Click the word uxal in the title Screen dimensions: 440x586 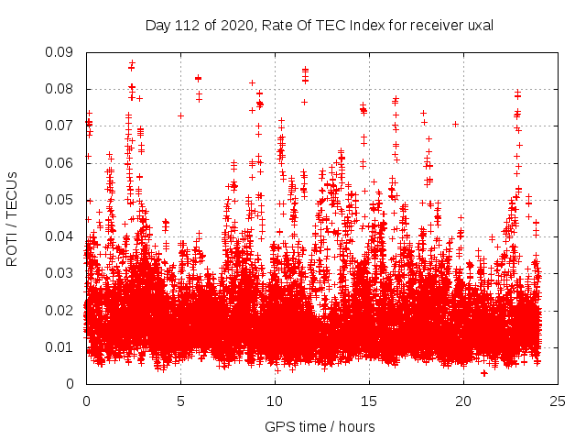click(480, 26)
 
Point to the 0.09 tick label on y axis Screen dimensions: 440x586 click(62, 52)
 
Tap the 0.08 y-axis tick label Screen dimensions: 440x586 click(62, 89)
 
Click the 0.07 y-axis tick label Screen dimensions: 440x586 click(62, 126)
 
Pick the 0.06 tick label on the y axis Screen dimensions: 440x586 click(62, 162)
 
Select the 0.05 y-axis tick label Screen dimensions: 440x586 click(62, 199)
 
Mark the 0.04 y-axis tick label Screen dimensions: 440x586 click(62, 236)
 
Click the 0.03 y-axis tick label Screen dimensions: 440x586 click(62, 273)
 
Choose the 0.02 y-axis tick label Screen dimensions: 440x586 click(62, 310)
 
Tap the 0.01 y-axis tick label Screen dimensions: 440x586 click(62, 346)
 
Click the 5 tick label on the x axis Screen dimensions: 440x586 click(180, 401)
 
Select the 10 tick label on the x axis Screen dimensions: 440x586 click(275, 401)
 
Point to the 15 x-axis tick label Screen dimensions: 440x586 click(369, 401)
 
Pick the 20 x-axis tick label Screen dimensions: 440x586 click(463, 401)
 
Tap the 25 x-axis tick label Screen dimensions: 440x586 click(558, 401)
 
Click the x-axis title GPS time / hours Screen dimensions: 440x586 click(320, 426)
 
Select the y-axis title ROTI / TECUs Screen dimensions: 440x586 click(13, 218)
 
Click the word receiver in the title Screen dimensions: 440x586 click(436, 26)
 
